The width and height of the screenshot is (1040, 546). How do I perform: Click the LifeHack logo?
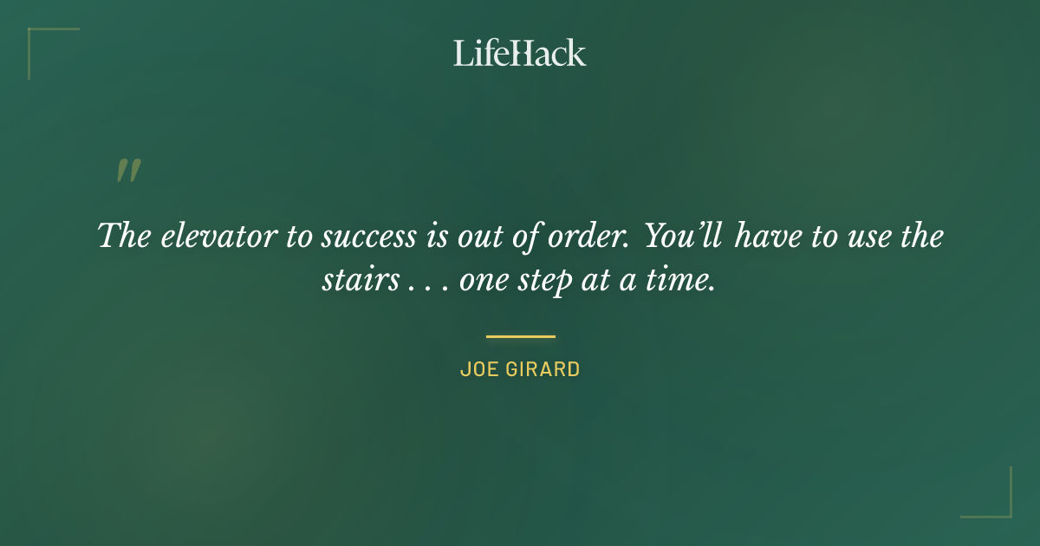tap(520, 53)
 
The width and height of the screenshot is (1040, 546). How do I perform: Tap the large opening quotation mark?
tap(128, 171)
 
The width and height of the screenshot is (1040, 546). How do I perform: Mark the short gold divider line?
tap(520, 336)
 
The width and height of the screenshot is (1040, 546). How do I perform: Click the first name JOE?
tap(476, 370)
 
